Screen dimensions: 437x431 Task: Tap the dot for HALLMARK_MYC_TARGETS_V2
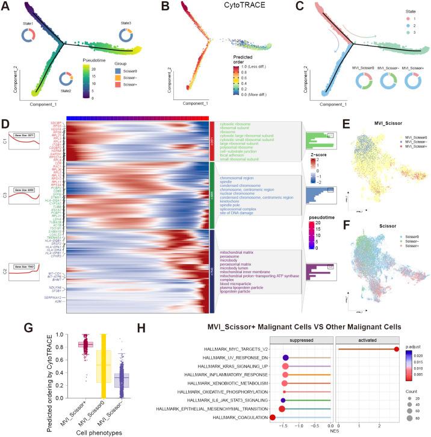397,349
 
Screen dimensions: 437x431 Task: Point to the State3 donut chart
127,36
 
